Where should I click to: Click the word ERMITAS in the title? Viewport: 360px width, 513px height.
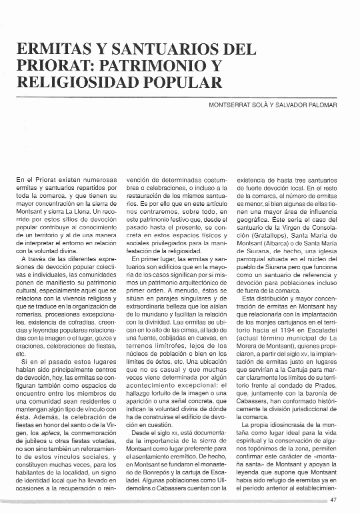50,49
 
